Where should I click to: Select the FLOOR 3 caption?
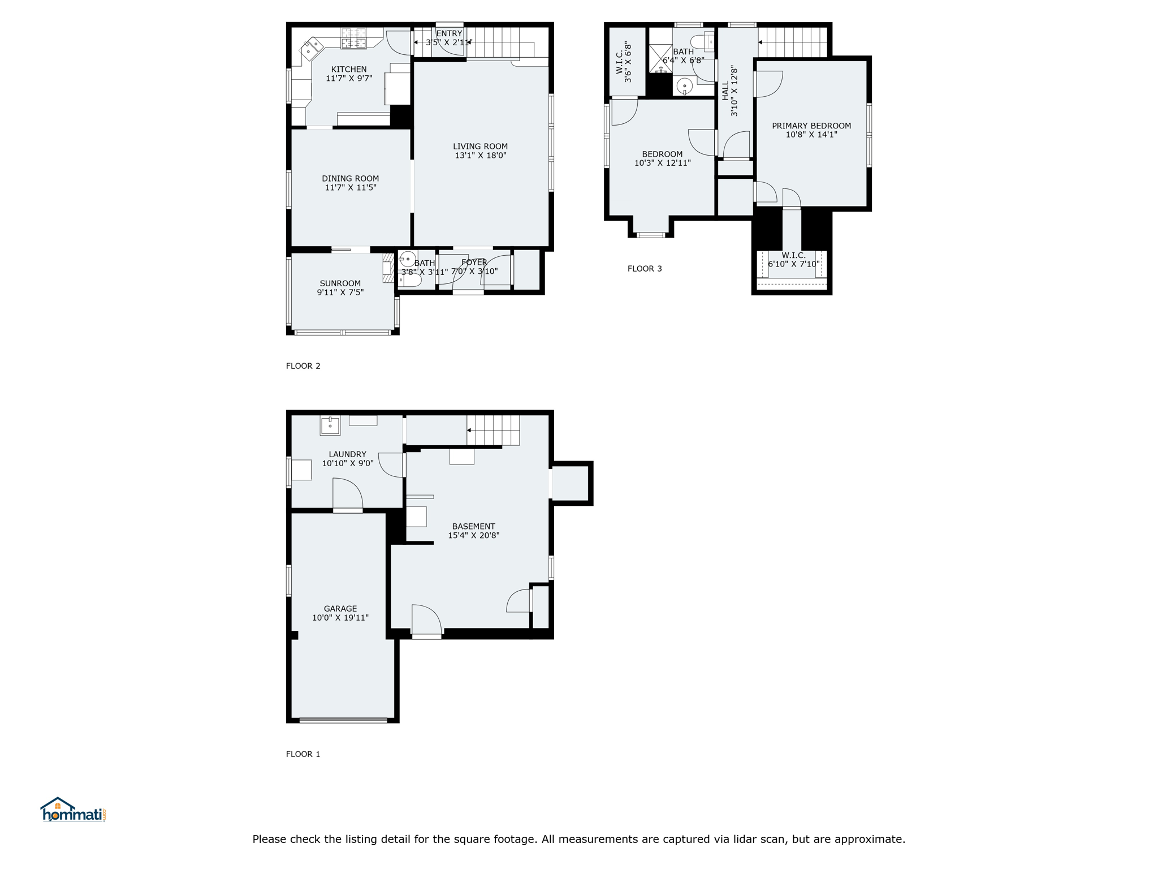[645, 269]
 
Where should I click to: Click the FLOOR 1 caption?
[303, 754]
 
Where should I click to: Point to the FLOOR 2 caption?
[303, 366]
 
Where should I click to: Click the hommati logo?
[73, 810]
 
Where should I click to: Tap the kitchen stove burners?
[353, 38]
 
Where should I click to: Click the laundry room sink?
[330, 425]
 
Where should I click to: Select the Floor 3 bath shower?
[660, 59]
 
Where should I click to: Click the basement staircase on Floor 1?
[493, 431]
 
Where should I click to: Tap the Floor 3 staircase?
[793, 42]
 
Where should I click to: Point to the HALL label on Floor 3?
[725, 91]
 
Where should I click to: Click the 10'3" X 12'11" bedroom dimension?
[663, 163]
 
